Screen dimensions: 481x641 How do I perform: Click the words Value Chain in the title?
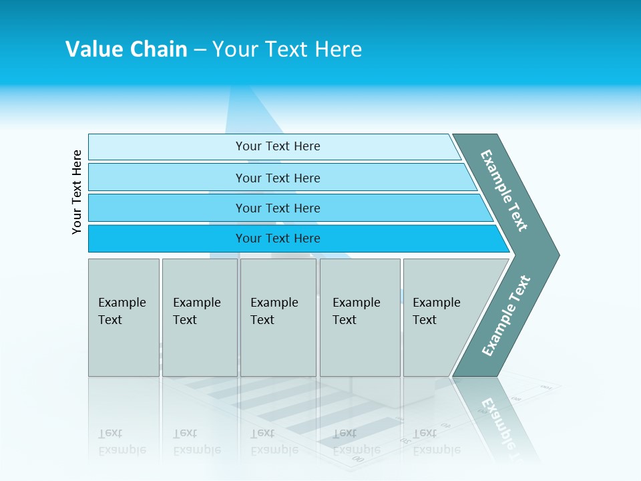[x=126, y=49]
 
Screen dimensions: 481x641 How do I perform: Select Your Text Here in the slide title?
[x=287, y=49]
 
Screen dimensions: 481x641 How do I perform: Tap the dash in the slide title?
[x=200, y=50]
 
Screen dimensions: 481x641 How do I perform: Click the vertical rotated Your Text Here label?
[x=77, y=192]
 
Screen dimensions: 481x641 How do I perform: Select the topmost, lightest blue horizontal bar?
[x=167, y=147]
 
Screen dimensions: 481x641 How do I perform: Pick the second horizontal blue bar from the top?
[x=167, y=178]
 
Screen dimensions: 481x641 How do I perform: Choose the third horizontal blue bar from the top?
[x=167, y=208]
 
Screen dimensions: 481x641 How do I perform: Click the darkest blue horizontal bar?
[x=167, y=238]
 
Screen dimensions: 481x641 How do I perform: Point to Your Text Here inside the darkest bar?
[x=278, y=238]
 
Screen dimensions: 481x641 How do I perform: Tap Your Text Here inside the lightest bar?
[x=278, y=146]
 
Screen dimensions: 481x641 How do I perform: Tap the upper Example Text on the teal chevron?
[x=504, y=190]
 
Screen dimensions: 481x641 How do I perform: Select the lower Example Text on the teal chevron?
[x=506, y=315]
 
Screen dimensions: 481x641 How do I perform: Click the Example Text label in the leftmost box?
[x=122, y=311]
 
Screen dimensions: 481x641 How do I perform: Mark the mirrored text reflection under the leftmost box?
[x=122, y=442]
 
